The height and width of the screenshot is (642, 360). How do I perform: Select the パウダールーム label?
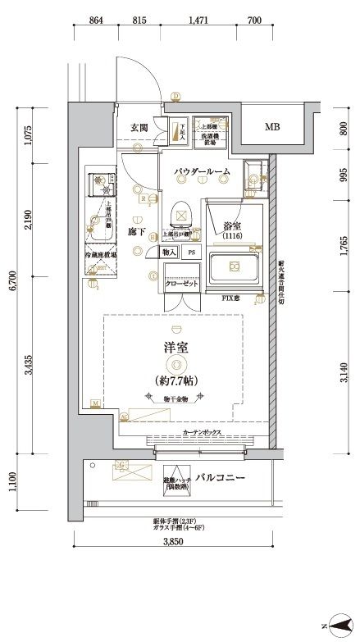click(201, 171)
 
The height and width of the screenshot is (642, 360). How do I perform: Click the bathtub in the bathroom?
click(235, 266)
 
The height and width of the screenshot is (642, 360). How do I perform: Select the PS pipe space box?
click(192, 253)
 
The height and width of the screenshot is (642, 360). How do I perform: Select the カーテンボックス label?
click(200, 430)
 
